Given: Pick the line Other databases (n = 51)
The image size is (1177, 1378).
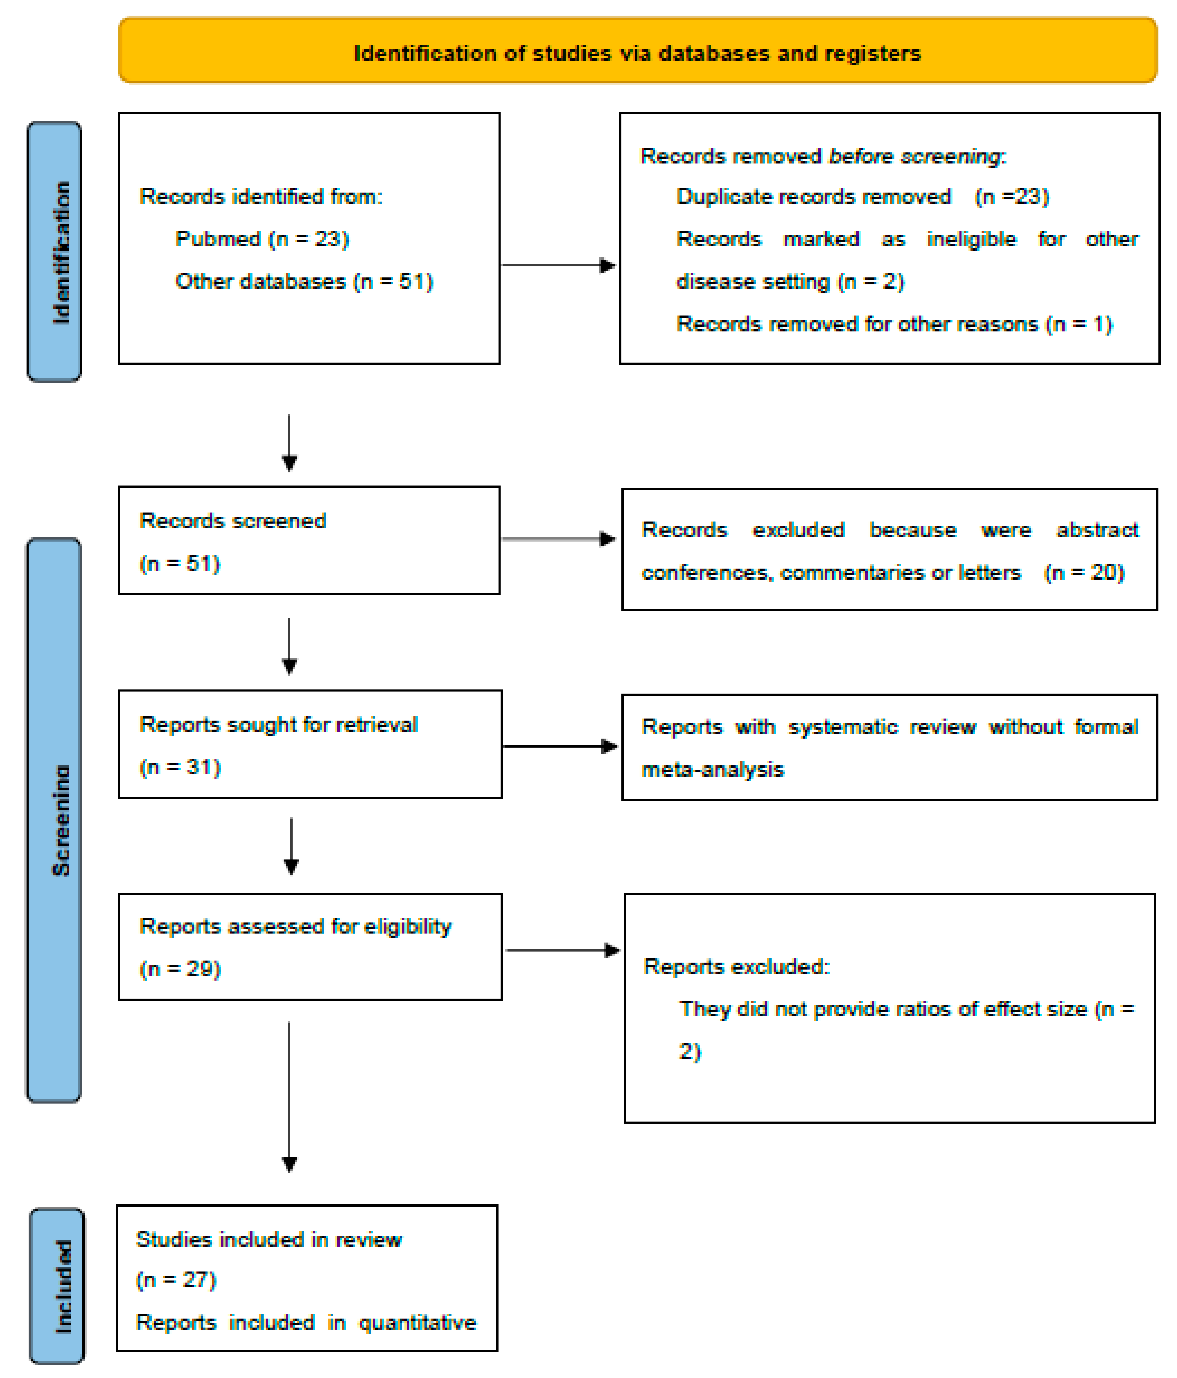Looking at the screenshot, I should point(304,281).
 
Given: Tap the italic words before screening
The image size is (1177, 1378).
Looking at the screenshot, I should point(915,156).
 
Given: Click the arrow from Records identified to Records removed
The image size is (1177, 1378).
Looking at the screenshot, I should point(558,265).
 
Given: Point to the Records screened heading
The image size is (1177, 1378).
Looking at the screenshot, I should point(233,521).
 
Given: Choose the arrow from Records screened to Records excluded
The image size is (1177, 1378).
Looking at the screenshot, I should point(558,539).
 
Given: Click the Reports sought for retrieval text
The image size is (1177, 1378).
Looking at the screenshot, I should point(278,724).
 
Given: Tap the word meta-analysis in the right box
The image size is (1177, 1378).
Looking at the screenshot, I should point(712,769).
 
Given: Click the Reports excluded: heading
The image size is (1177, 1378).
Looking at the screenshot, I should point(736,966).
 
